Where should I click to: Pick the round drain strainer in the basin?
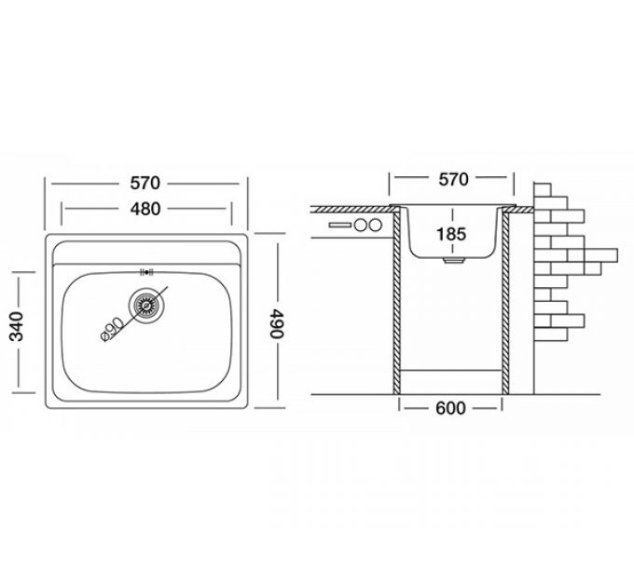[x=145, y=302]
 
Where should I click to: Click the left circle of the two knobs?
[x=360, y=225]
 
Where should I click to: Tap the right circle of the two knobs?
[x=376, y=225]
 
